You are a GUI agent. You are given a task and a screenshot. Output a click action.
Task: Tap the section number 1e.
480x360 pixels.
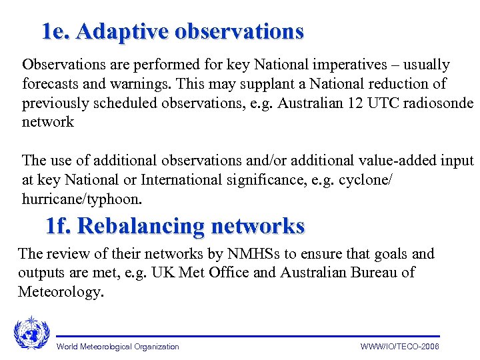click(x=56, y=31)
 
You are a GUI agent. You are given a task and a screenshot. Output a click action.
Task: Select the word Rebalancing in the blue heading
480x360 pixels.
click(x=141, y=226)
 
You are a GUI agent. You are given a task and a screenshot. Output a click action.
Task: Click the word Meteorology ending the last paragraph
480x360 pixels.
click(x=61, y=291)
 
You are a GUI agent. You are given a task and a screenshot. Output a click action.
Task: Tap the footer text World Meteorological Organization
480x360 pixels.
click(x=118, y=347)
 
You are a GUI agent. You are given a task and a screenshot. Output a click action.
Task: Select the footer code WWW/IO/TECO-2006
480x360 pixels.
click(x=399, y=347)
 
